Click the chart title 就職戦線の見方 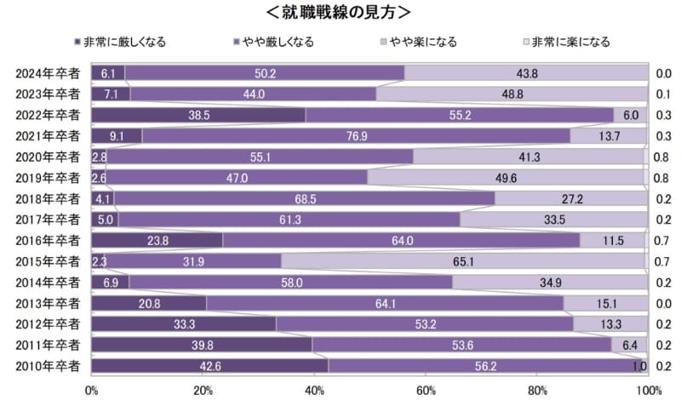(x=340, y=12)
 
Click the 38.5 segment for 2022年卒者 (x=198, y=115)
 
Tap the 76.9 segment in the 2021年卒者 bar (x=356, y=135)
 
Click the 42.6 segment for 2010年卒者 (x=209, y=365)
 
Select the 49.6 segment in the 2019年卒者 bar (x=506, y=177)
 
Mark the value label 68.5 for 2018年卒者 (x=304, y=198)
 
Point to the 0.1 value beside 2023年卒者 (x=665, y=94)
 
